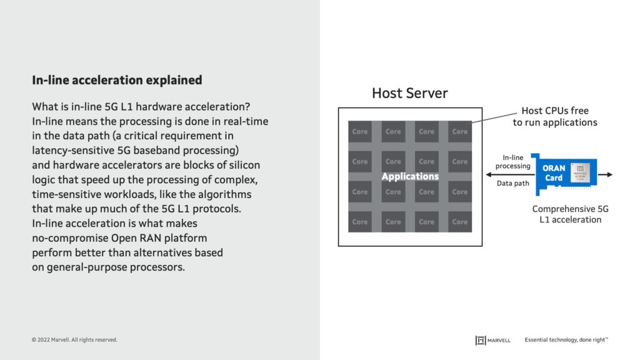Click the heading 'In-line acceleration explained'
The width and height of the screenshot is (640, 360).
117,80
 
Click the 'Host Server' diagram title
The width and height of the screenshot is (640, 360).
409,93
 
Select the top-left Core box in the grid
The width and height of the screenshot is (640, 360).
360,132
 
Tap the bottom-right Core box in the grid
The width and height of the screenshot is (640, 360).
460,222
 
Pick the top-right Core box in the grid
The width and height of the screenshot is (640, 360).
460,132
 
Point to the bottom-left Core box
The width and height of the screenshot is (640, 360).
360,222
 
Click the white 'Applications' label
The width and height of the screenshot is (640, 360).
410,177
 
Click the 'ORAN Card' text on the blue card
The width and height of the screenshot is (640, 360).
554,173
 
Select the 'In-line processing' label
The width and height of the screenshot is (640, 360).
512,162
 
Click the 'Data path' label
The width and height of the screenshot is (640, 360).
512,184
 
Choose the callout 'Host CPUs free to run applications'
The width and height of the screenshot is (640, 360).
555,117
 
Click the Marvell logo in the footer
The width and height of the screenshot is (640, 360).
493,340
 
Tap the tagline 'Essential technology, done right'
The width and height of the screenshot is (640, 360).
566,340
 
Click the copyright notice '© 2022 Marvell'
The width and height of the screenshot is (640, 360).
74,340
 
